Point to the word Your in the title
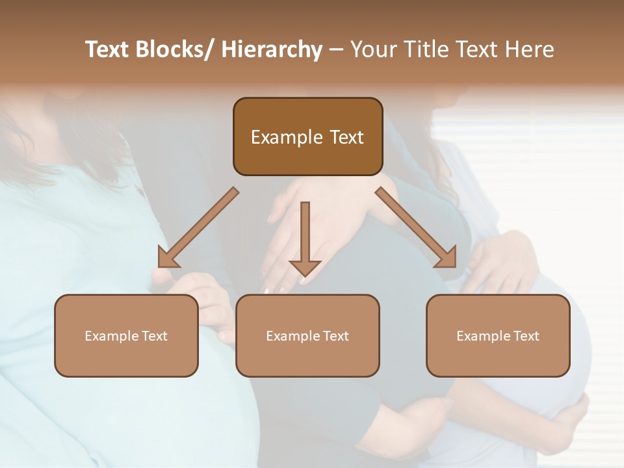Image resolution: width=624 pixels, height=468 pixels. pos(374,50)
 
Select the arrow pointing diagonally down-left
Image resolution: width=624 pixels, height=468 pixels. pos(198,227)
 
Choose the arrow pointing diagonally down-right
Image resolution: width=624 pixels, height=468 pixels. pos(416,227)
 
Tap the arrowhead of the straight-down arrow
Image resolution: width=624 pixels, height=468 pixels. pos(305,267)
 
